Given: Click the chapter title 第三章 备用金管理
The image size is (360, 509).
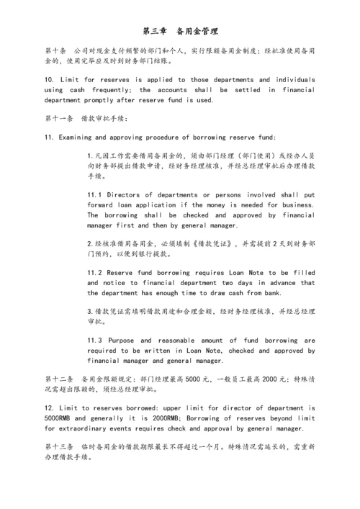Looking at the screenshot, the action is pos(180,32).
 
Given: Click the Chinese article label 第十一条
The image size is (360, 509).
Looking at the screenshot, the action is pos(59,118).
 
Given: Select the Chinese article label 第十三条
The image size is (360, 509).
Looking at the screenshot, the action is pos(59,447).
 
